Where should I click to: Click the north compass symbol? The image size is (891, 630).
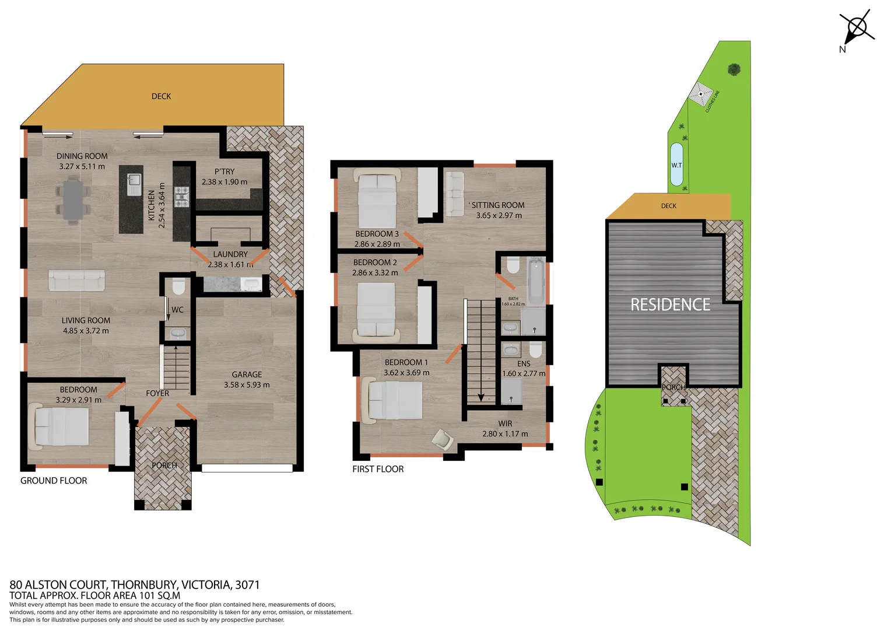coord(857,28)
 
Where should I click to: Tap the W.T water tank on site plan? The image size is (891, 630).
coord(676,165)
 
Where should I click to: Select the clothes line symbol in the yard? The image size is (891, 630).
coord(700,94)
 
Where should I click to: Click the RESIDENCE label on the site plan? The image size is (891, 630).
coord(670,304)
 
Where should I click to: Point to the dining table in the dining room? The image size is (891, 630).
coord(73,200)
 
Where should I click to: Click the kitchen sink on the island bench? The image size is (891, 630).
coord(135,184)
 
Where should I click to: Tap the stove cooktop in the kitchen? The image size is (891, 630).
coord(182,197)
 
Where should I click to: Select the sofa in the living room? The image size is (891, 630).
coord(76,280)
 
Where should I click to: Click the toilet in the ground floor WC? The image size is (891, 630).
coord(178,286)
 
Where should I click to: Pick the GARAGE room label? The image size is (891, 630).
coord(247,374)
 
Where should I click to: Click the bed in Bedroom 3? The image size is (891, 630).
coord(377,198)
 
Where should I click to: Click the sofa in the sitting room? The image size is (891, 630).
coord(454,193)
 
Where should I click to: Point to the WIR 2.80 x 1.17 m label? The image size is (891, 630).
coord(505,429)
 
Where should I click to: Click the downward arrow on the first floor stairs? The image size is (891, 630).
coord(481,397)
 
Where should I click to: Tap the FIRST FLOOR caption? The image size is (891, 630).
coord(378,469)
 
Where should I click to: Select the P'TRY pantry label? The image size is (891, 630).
coord(224,171)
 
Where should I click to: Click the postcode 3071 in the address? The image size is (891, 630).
coord(247,584)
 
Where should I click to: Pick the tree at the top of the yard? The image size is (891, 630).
coord(734,69)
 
